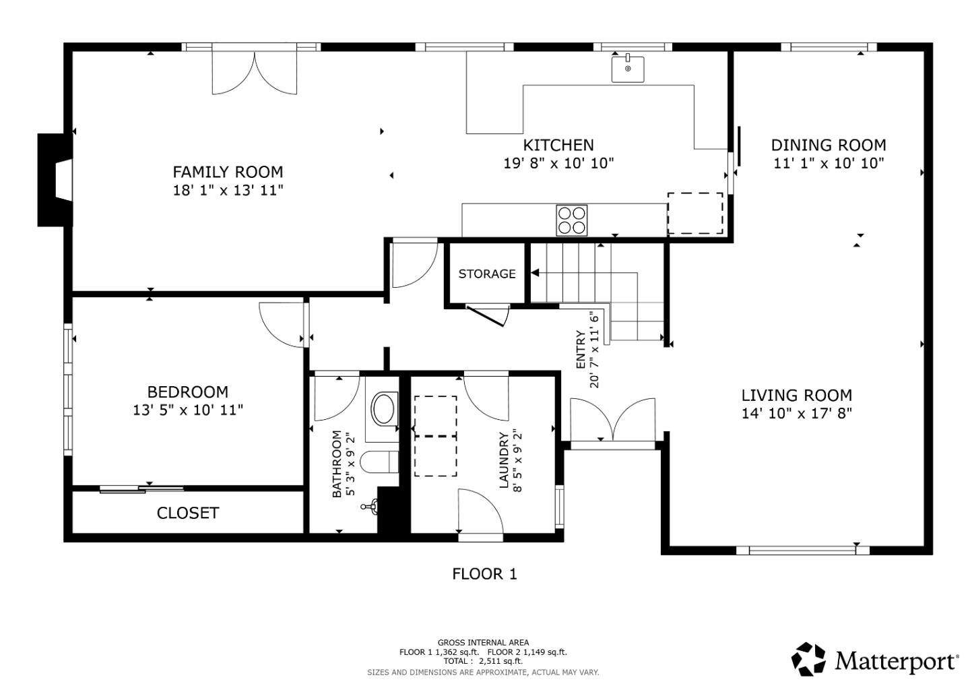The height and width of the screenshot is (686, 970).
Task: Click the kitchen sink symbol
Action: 627,69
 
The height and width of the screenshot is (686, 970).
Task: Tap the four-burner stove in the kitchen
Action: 571,220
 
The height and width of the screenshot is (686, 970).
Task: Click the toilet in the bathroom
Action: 377,462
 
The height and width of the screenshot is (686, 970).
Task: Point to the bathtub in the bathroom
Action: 384,408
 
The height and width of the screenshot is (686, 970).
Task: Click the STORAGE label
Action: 486,274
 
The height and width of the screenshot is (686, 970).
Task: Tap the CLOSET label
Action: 187,513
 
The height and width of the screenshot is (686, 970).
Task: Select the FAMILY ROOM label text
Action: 228,172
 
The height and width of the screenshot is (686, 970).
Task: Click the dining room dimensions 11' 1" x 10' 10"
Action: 828,163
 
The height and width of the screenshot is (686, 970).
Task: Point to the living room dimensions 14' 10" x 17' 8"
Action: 796,414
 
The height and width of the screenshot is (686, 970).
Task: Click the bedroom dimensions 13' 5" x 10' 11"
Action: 187,410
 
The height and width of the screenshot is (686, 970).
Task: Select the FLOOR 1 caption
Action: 484,574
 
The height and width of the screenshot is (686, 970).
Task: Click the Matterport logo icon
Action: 808,659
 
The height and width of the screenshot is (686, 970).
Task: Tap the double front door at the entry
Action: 612,422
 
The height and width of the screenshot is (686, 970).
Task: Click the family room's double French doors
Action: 254,71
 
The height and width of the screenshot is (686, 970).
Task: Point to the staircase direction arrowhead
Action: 535,273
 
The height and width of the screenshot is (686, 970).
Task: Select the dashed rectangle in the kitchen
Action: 695,214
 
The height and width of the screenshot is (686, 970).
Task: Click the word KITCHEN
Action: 558,145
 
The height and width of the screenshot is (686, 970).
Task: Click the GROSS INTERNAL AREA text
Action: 483,643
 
